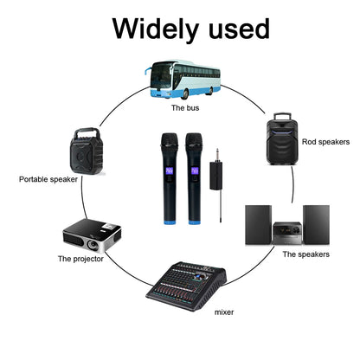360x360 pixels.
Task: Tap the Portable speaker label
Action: pos(48,179)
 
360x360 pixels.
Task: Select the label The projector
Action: pos(80,258)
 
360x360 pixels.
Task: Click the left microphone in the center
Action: pos(166,177)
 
